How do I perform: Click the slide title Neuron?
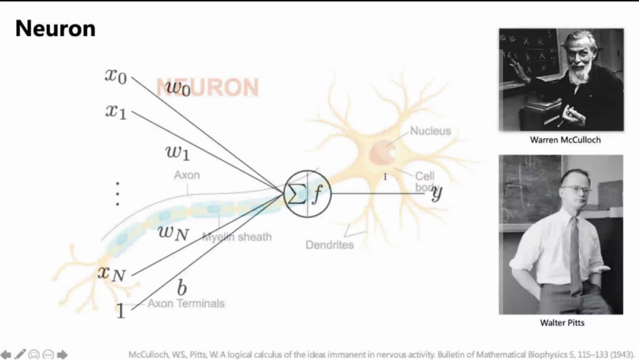click(55, 29)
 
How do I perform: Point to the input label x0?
click(116, 75)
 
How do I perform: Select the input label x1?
click(116, 112)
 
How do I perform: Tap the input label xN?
click(111, 272)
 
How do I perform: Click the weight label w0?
click(178, 87)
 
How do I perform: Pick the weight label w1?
click(178, 151)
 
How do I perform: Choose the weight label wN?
click(173, 232)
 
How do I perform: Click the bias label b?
click(182, 288)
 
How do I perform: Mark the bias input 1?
click(120, 311)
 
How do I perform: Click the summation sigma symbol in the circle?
click(296, 194)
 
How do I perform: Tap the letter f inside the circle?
click(318, 194)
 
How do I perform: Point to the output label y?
click(437, 192)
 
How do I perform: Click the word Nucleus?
click(430, 131)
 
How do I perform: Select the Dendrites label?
click(329, 245)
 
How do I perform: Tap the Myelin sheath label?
click(237, 237)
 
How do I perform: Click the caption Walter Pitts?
click(561, 323)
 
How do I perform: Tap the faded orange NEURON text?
click(208, 88)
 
